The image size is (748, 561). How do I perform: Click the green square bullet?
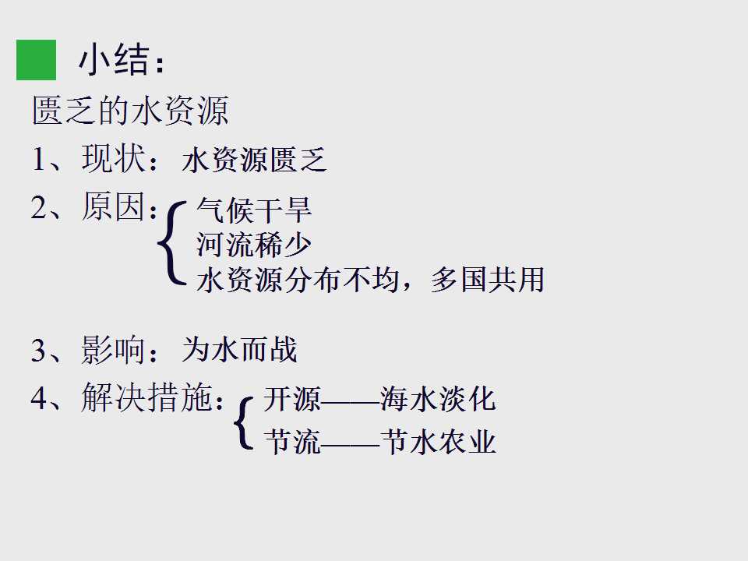click(37, 60)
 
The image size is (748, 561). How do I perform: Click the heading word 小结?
click(114, 61)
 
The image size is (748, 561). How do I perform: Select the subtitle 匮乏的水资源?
click(130, 110)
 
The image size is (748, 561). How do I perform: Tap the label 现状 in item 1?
click(113, 158)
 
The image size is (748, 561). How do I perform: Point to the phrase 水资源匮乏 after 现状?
click(254, 159)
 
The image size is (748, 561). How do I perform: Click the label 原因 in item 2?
click(113, 206)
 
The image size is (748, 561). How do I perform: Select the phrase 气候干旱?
click(254, 210)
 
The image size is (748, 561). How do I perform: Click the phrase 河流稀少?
click(254, 245)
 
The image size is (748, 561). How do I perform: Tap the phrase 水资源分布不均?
click(298, 280)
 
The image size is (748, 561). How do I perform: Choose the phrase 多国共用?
click(487, 280)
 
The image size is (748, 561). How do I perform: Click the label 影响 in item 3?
click(113, 350)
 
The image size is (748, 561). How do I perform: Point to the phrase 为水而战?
click(239, 350)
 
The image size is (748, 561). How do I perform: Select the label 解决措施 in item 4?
click(146, 397)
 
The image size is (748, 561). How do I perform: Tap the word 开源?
click(292, 399)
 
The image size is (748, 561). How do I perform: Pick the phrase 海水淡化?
click(439, 399)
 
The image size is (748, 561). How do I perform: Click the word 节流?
click(292, 441)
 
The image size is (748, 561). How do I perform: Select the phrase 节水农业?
click(439, 441)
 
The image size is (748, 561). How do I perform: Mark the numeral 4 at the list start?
click(40, 398)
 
